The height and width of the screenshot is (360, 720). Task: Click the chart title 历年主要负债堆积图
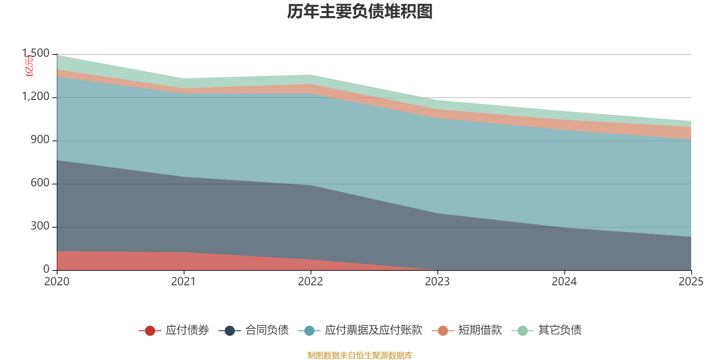[360, 12]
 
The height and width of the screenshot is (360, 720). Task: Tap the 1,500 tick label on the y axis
[36, 54]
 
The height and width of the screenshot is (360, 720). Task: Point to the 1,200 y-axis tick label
[36, 97]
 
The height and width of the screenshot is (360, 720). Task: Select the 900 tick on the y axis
[40, 140]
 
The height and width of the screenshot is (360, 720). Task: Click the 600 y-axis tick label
[40, 183]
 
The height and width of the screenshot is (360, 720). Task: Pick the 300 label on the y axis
[40, 226]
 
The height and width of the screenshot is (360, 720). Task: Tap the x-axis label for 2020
[57, 282]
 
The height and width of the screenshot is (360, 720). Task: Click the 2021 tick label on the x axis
[184, 282]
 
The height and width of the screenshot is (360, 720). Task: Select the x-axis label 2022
[310, 282]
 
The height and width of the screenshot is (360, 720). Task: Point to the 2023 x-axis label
[437, 282]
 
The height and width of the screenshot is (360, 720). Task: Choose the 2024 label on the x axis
[564, 282]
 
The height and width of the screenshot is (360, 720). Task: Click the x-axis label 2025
[691, 282]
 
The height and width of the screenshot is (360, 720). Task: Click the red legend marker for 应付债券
[150, 331]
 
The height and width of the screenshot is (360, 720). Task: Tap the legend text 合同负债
[267, 330]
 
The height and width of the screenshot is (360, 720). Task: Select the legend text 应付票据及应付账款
[373, 330]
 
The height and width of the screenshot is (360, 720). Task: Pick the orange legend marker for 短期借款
[443, 331]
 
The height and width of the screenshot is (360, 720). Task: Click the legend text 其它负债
[560, 330]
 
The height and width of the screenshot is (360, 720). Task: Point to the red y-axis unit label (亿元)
[29, 66]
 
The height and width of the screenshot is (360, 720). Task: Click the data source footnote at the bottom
[360, 355]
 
